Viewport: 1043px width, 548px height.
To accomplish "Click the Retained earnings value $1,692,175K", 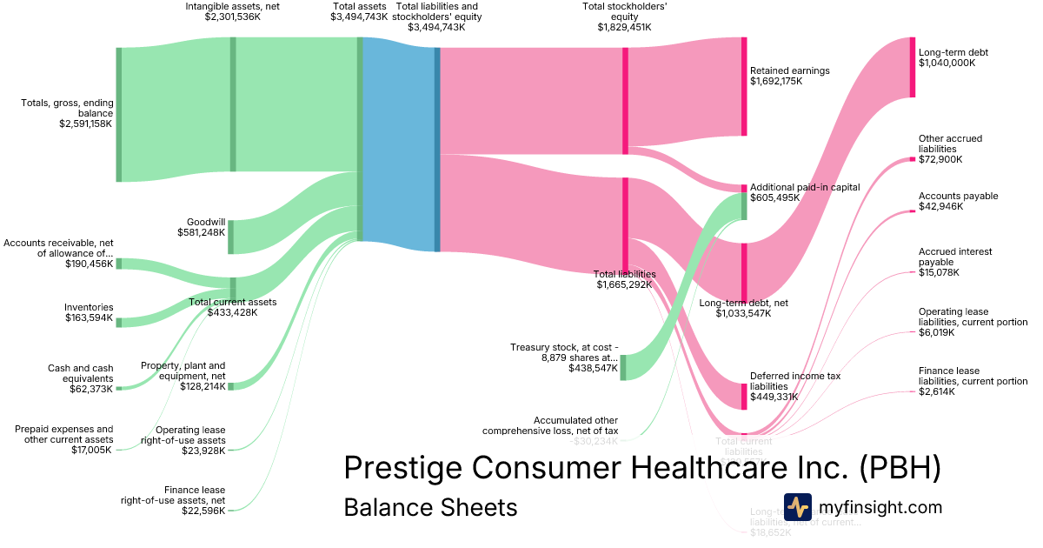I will click(776, 81).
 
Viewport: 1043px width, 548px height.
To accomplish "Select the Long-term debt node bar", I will click(912, 67).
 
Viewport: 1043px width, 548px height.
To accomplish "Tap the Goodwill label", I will click(206, 222).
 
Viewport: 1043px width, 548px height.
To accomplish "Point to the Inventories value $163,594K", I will click(89, 318).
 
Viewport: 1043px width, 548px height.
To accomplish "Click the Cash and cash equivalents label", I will click(80, 373).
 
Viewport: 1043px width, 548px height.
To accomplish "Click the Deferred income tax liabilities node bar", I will click(744, 396).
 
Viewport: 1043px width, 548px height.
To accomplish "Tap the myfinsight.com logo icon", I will click(797, 507).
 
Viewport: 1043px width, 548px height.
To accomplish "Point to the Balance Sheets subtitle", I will click(430, 507).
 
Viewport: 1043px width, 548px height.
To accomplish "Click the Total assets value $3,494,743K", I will click(359, 17).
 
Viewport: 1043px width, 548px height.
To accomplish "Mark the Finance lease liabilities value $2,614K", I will click(936, 392).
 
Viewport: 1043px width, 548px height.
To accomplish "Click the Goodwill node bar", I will click(230, 237).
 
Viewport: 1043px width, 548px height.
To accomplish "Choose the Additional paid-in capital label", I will click(805, 187).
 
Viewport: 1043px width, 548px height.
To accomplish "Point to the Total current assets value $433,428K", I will click(233, 313).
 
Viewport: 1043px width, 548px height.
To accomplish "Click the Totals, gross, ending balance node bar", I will click(119, 115).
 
